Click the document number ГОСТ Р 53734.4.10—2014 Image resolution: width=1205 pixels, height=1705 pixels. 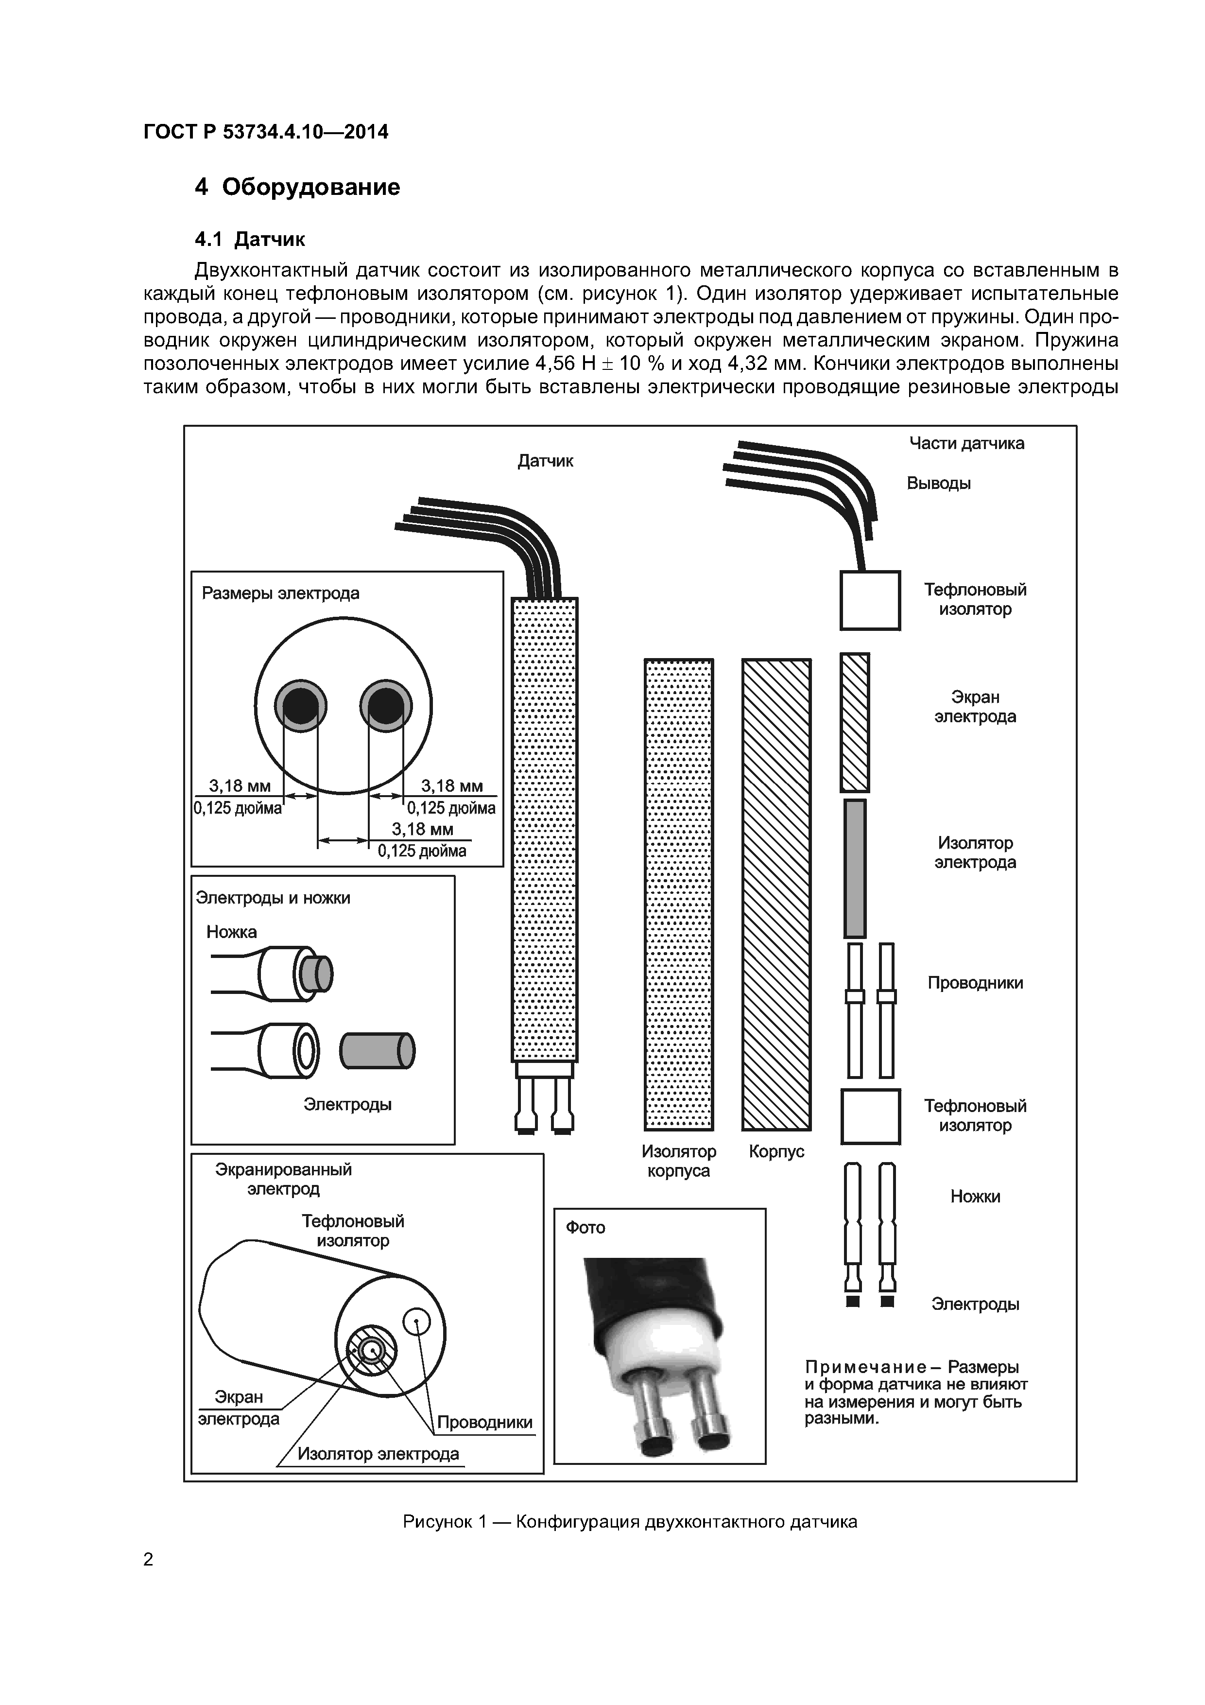265,132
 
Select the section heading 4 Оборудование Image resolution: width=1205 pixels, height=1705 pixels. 297,186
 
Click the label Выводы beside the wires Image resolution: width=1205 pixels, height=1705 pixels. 938,484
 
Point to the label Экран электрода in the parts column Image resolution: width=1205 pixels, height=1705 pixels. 975,707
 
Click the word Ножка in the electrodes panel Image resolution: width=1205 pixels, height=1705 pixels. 232,932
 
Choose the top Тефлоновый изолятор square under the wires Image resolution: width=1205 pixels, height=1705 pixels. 870,600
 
